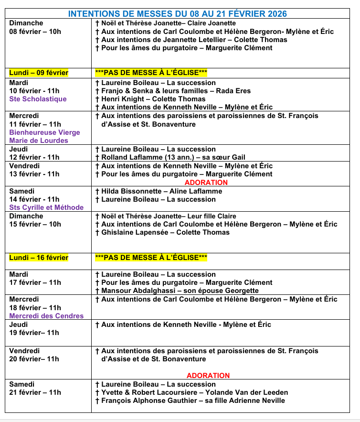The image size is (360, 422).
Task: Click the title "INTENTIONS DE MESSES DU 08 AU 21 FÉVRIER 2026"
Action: [x=178, y=14]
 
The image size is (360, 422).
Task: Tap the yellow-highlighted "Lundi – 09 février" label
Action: [x=39, y=73]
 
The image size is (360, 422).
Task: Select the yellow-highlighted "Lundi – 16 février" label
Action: [x=39, y=258]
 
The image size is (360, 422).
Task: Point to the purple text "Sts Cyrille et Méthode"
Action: [x=46, y=207]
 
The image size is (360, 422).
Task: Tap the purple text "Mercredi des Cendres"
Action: [x=46, y=316]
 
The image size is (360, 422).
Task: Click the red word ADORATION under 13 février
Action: [x=206, y=183]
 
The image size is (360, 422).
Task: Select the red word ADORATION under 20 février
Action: [x=208, y=376]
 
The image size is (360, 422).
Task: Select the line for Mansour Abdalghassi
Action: [x=177, y=291]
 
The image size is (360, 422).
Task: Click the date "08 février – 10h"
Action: [x=35, y=32]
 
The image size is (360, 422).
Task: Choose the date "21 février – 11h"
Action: [x=35, y=392]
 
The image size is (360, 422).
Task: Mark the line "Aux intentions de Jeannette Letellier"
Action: [x=191, y=40]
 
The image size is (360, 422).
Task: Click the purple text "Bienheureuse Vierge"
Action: [x=44, y=132]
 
